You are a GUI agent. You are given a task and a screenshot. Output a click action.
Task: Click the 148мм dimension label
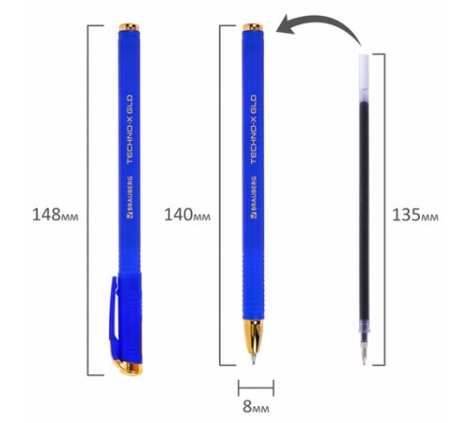pos(55,214)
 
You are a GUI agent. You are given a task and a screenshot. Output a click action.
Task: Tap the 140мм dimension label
pos(187,214)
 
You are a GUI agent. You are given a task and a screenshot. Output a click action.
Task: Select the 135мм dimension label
pos(415,214)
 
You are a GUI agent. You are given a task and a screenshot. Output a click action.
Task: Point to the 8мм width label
pos(256,406)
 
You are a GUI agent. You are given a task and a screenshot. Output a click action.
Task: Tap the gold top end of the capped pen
pos(129,27)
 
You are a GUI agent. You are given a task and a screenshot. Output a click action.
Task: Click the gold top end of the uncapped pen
pos(253,27)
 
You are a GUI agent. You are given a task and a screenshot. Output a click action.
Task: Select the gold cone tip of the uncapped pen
pos(253,337)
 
